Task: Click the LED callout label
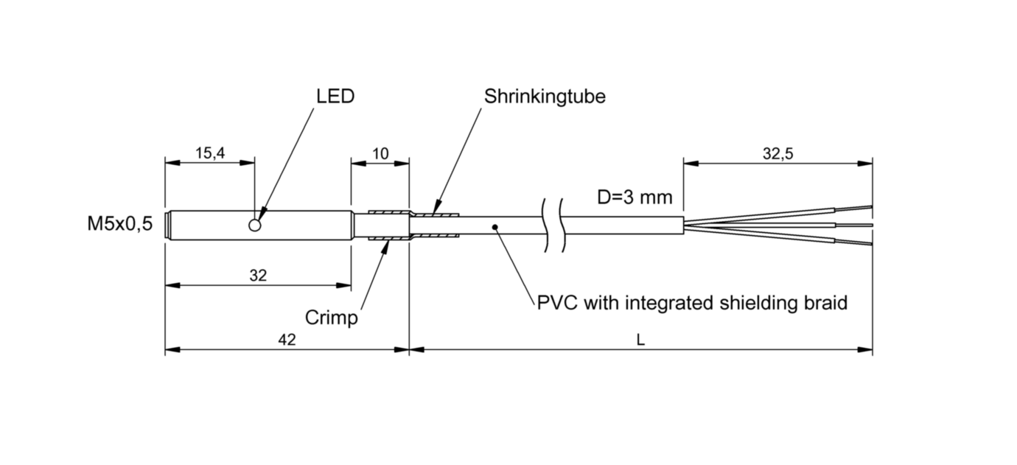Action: coord(335,97)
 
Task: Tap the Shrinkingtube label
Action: coord(545,97)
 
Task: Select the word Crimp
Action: coord(332,318)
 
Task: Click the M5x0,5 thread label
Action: coord(120,224)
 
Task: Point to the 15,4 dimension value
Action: coord(210,153)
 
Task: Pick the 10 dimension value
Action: coord(380,154)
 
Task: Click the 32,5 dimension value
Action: coord(777,154)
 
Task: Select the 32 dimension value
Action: coord(259,275)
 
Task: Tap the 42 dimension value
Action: coord(287,339)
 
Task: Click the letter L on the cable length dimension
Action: coord(640,339)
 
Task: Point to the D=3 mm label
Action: coord(635,197)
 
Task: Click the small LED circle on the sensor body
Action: coord(255,225)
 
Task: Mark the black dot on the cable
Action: coord(495,226)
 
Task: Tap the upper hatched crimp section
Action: coord(389,212)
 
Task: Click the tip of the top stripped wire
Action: coord(872,207)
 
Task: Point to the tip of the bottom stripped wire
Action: coord(872,245)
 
